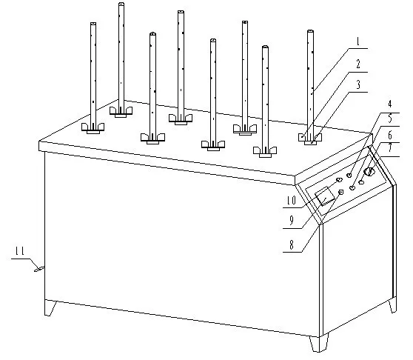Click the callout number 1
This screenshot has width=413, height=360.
pyautogui.click(x=357, y=41)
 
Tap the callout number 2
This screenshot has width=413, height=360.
pyautogui.click(x=358, y=64)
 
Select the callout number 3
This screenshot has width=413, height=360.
pyautogui.click(x=358, y=85)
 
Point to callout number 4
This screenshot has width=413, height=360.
pyautogui.click(x=390, y=104)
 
